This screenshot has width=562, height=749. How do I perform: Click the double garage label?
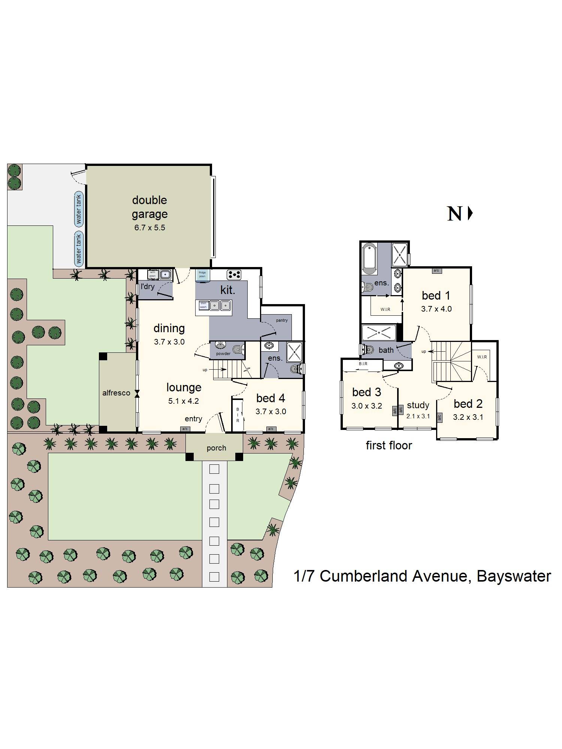click(149, 207)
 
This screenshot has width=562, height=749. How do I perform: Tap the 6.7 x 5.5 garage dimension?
click(149, 228)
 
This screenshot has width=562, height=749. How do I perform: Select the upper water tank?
click(79, 209)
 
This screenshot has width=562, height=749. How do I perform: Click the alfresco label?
click(116, 393)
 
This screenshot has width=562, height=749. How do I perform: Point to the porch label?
click(216, 448)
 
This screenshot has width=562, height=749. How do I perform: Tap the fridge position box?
click(202, 275)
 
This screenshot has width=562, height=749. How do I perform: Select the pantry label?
click(282, 320)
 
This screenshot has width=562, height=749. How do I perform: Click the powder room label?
click(223, 354)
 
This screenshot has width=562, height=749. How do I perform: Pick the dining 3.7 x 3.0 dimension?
click(169, 342)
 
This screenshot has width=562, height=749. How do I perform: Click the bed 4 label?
click(271, 398)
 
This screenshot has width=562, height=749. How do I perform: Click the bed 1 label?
click(436, 295)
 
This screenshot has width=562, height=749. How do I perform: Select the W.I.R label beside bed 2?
click(482, 357)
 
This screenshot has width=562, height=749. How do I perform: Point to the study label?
click(418, 405)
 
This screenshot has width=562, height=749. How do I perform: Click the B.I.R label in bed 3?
click(363, 364)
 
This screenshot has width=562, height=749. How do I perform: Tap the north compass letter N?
click(454, 214)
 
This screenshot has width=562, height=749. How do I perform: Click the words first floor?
click(389, 445)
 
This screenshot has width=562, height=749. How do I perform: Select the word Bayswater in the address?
click(514, 576)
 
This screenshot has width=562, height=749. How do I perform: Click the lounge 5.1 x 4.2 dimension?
click(183, 401)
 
